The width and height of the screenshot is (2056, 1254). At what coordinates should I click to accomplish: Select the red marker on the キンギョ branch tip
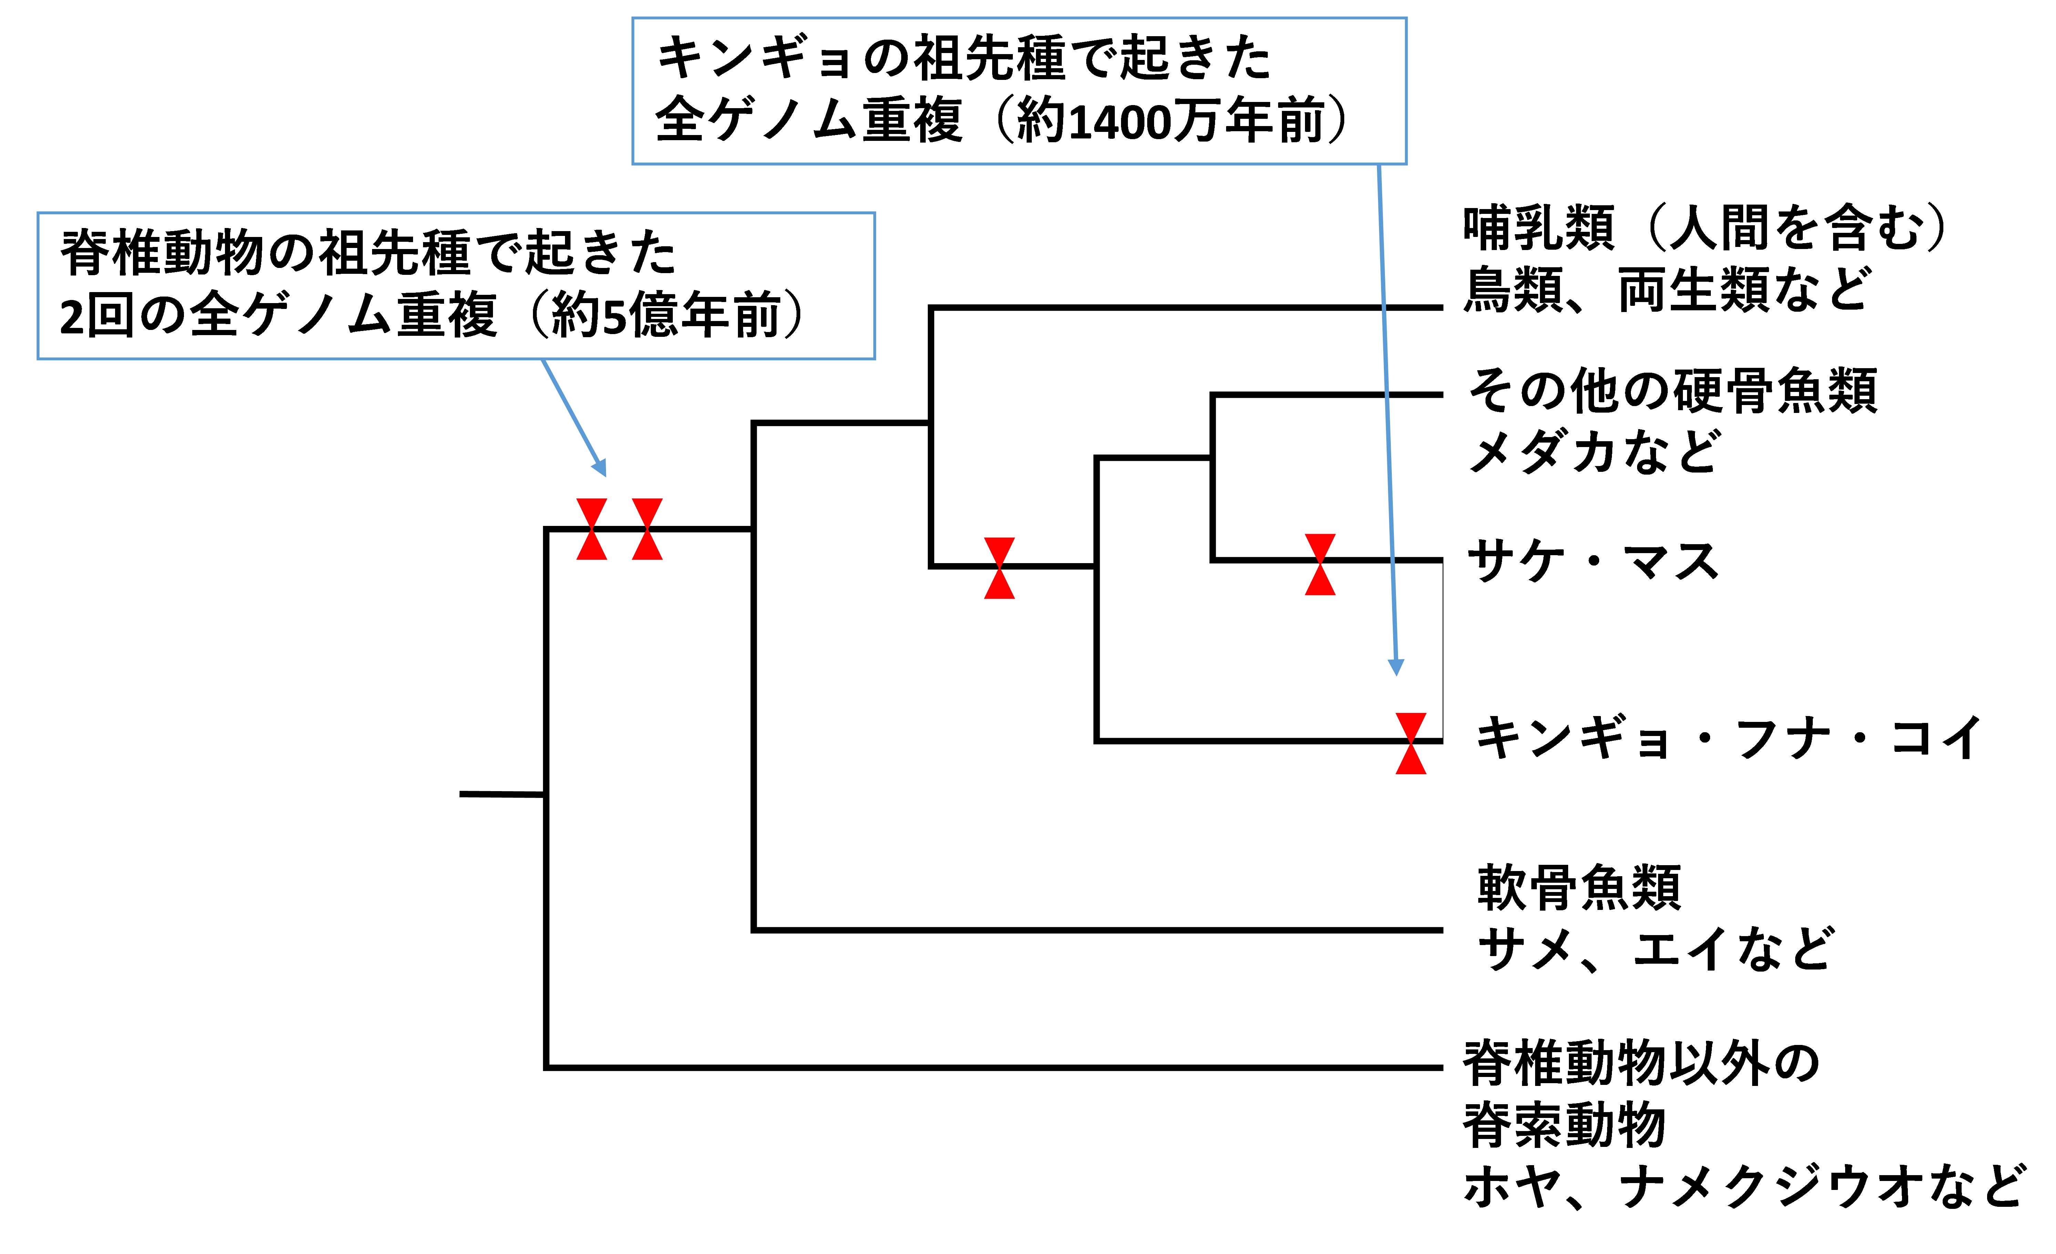coord(1410,743)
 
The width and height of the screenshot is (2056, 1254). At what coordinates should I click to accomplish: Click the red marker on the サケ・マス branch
coord(1319,564)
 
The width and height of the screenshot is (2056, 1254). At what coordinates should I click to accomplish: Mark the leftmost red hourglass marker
coord(592,529)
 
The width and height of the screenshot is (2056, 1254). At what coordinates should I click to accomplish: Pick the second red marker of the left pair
coord(647,529)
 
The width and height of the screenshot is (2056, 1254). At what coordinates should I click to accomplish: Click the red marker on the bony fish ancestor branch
coord(999,568)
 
